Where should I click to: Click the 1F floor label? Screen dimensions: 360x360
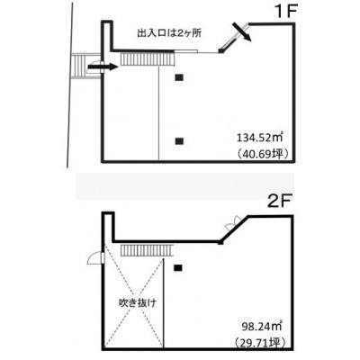coord(285,13)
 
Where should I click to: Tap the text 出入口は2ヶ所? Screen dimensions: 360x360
coord(168,33)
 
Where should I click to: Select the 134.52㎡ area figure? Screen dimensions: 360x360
coord(260,138)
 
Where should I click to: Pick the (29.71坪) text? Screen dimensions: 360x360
coord(260,342)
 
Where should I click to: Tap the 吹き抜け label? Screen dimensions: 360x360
coord(138,303)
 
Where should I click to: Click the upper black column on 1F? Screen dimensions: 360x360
coord(179,77)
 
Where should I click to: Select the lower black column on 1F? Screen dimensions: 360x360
coord(179,140)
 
